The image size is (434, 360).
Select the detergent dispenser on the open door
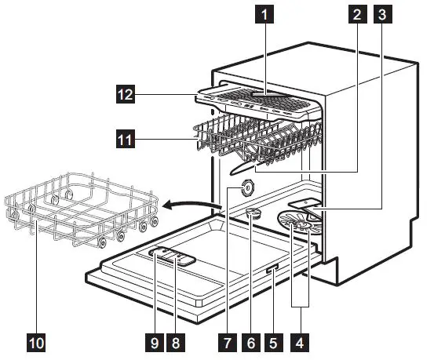pyautogui.click(x=173, y=256)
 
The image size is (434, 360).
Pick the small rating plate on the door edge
pyautogui.click(x=271, y=271)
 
